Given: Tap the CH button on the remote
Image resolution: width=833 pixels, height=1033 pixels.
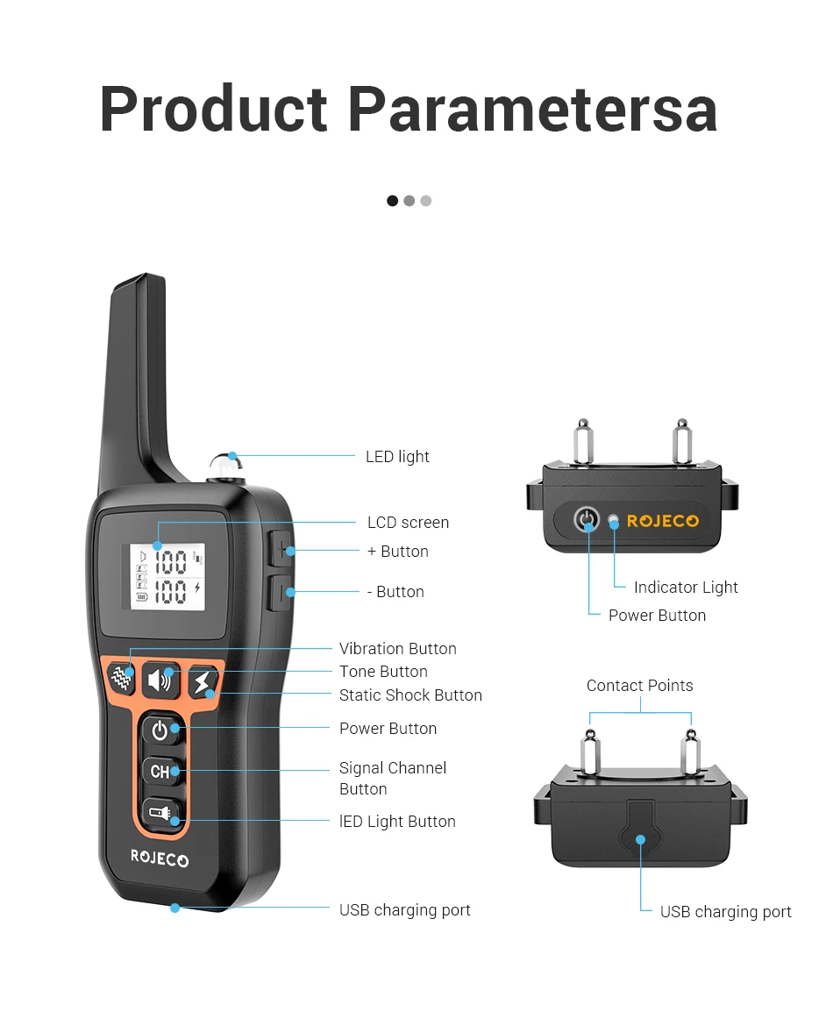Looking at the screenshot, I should (x=160, y=772).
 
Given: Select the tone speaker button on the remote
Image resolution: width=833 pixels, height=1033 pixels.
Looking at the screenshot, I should (x=160, y=680).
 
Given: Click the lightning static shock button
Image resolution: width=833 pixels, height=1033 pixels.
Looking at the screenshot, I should (x=203, y=682).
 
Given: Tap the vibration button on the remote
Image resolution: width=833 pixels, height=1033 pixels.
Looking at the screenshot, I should (x=122, y=678).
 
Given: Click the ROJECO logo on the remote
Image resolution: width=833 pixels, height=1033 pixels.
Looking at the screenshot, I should (x=160, y=858).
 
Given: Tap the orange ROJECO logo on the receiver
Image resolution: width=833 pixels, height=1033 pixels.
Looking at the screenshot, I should (x=663, y=521).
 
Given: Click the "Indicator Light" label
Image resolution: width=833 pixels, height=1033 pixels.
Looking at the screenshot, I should (x=686, y=588).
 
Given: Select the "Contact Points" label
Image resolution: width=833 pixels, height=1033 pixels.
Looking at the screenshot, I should (x=639, y=686).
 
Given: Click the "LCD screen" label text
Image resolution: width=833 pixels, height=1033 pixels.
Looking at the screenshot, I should (x=408, y=523).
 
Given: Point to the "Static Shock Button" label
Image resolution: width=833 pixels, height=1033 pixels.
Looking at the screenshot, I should (x=410, y=695).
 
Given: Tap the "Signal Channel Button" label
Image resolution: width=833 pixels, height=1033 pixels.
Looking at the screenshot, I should (x=392, y=778).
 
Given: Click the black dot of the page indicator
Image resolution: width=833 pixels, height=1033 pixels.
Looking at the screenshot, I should (x=392, y=201).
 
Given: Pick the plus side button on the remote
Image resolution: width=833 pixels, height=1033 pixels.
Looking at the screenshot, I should (x=281, y=550).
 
